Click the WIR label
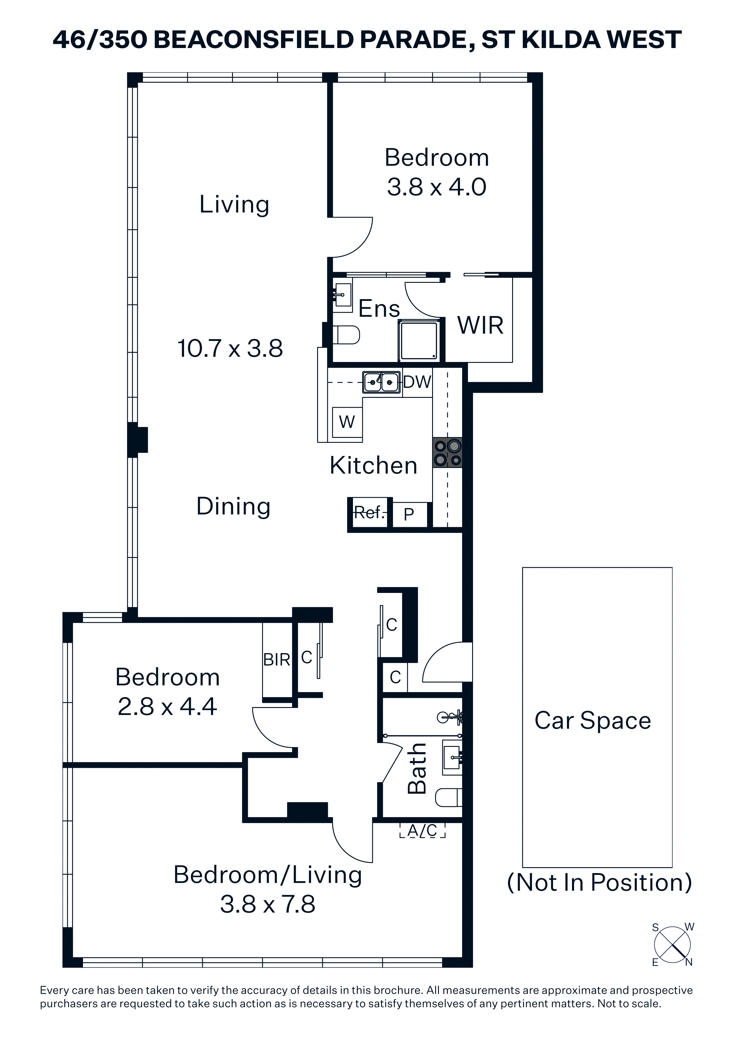coord(480,325)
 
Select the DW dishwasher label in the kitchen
coord(417,382)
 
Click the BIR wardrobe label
coord(277,660)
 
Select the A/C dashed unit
coord(423,830)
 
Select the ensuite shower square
coord(419,340)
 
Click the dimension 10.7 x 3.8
coord(230,348)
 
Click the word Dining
coord(233,506)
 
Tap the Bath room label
coord(417,769)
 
